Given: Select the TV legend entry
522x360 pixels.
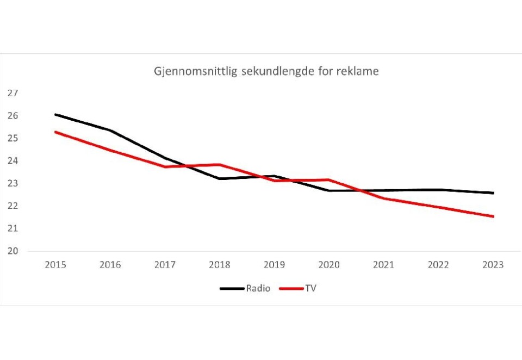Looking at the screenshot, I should coord(310,288).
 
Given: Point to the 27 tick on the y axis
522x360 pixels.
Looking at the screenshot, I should coord(13,94).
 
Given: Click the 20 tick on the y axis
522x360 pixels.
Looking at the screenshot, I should coord(13,251).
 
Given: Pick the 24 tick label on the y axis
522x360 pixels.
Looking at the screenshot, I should coord(13,161).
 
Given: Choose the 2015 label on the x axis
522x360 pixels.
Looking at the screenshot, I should coord(55,265).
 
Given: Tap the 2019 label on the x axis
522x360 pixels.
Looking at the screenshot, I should coord(274,265).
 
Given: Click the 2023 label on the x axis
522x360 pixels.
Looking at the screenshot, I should coord(493,265).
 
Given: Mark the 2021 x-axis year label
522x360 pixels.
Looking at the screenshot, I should coord(383,265).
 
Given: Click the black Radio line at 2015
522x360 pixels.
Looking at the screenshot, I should coord(56,115).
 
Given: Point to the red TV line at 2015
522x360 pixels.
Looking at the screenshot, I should coord(56,132).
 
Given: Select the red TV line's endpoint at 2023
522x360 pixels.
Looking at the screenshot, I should coord(493,216).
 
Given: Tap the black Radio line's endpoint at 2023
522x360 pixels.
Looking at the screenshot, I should coord(493,193).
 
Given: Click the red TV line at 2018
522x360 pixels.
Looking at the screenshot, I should coord(220,164).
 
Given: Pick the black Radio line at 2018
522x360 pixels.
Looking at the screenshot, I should coord(220,178).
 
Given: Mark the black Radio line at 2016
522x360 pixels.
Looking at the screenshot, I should coord(110,131).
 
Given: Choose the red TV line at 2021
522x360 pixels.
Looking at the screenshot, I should coord(383,198).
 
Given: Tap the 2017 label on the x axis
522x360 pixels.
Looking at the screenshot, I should coord(165,265).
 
